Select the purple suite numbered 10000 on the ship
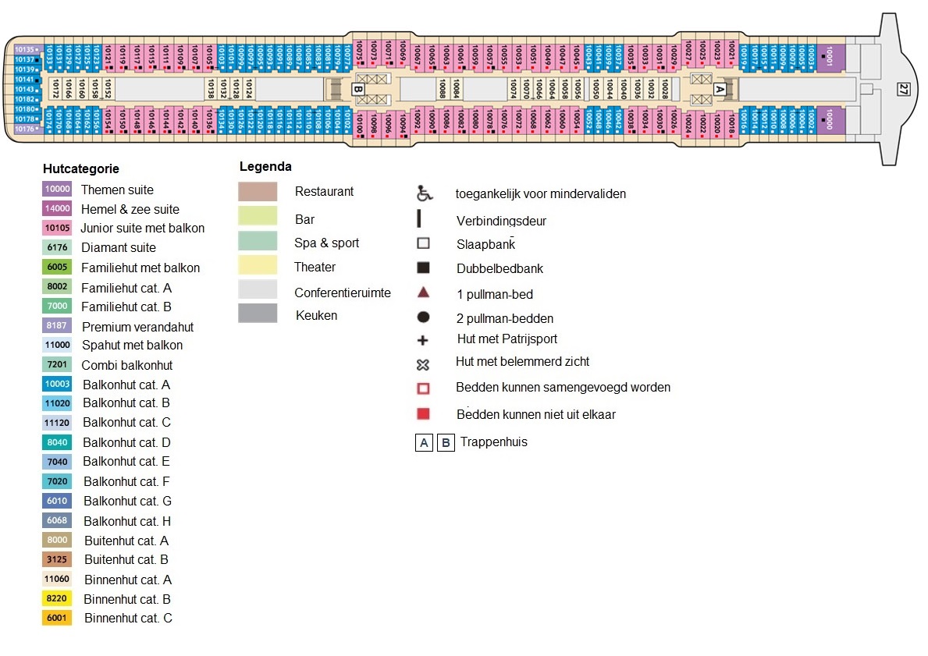coord(830,120)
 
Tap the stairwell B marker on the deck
coord(357,89)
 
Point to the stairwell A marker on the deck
coord(720,89)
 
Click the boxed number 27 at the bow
coord(904,89)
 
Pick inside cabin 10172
coord(55,89)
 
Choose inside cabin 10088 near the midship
coord(443,89)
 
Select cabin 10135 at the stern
coord(25,49)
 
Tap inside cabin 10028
coord(665,89)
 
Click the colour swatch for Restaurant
coord(258,191)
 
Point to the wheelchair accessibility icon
coord(423,193)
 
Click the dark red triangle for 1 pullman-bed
coord(423,293)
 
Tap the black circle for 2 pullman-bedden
coord(423,317)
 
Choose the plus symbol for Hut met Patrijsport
coord(423,340)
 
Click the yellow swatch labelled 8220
coord(57,599)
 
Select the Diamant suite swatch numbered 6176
coord(57,247)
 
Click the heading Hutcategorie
coord(81,169)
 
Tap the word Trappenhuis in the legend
coord(494,442)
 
